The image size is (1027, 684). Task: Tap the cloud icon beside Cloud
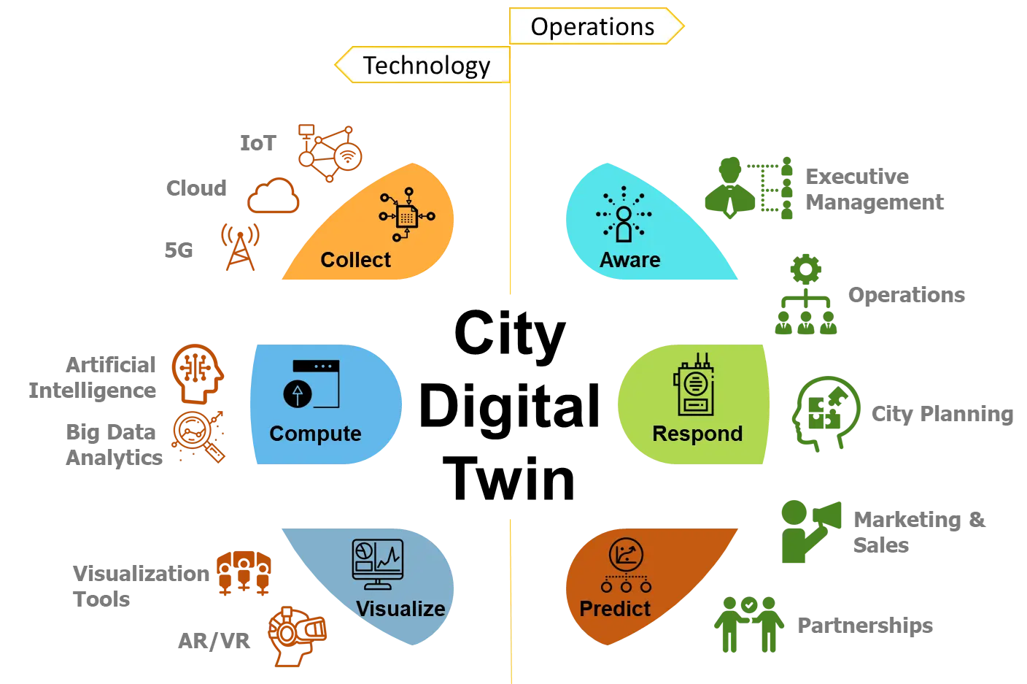click(274, 196)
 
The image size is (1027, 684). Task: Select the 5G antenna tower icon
click(240, 247)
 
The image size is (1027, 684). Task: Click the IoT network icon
click(330, 153)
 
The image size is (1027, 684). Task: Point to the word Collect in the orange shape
click(355, 260)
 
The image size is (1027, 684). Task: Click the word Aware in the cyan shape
click(630, 260)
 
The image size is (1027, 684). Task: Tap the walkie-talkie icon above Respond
click(694, 385)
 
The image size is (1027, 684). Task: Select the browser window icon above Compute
click(311, 384)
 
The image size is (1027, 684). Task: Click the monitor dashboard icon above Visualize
click(378, 564)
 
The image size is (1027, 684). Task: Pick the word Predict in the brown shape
click(615, 609)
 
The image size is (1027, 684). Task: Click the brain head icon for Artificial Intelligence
click(198, 374)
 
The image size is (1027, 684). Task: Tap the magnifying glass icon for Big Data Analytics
click(198, 437)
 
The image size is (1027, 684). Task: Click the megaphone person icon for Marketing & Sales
click(810, 531)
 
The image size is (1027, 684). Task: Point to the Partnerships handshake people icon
click(748, 624)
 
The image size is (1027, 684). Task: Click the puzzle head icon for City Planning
click(826, 414)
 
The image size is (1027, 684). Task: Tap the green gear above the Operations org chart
click(805, 269)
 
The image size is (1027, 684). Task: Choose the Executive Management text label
click(875, 189)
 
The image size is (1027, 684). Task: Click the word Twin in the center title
click(508, 479)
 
